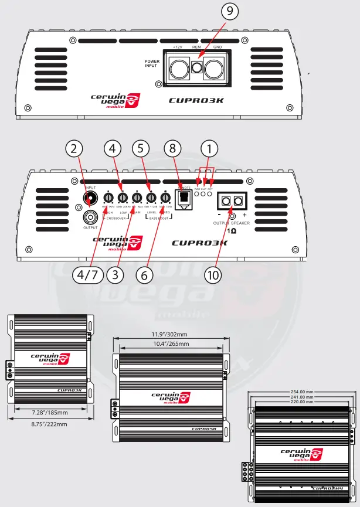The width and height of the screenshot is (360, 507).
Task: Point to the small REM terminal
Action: pos(198,67)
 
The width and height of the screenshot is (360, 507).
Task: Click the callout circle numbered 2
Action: pos(73,149)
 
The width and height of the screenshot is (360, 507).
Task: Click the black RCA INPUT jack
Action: pos(90,198)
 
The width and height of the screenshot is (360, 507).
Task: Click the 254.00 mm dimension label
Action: pos(301,392)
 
